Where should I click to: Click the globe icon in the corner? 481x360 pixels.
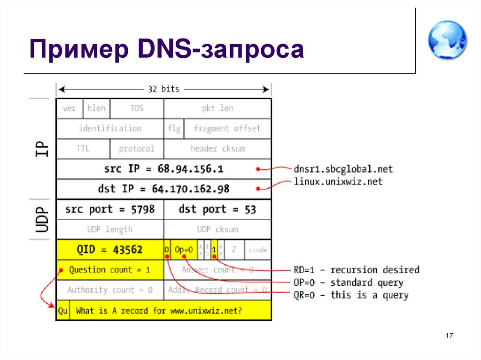pyautogui.click(x=447, y=40)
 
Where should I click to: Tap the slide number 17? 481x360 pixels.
pyautogui.click(x=449, y=336)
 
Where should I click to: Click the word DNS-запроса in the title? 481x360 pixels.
pyautogui.click(x=245, y=50)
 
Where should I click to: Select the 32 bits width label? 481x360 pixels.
pyautogui.click(x=163, y=89)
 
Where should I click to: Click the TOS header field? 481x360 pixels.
pyautogui.click(x=137, y=108)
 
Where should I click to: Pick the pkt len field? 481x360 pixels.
pyautogui.click(x=217, y=108)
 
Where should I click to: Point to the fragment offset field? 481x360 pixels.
pyautogui.click(x=227, y=129)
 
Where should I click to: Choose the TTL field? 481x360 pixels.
pyautogui.click(x=83, y=149)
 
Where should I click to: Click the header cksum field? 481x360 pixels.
pyautogui.click(x=217, y=149)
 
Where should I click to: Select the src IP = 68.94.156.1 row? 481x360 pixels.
pyautogui.click(x=163, y=169)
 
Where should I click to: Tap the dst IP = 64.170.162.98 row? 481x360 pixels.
pyautogui.click(x=163, y=189)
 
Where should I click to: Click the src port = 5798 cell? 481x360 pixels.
pyautogui.click(x=110, y=209)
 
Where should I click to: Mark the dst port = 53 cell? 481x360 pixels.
pyautogui.click(x=217, y=209)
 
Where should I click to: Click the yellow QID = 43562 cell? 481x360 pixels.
pyautogui.click(x=110, y=250)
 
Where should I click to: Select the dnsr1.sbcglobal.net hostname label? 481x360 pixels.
pyautogui.click(x=343, y=169)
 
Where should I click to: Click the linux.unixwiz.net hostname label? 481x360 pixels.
pyautogui.click(x=338, y=181)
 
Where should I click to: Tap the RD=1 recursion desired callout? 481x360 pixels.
pyautogui.click(x=356, y=270)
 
